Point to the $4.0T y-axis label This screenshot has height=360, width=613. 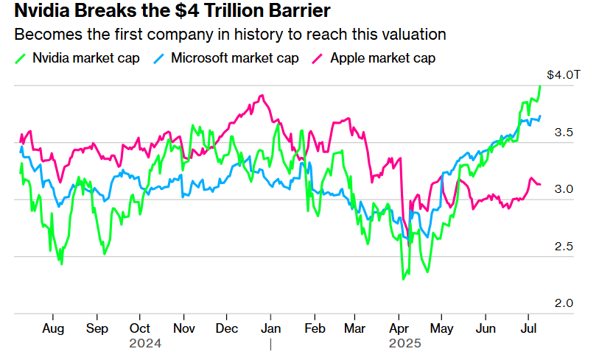564,75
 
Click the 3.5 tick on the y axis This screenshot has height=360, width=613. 564,133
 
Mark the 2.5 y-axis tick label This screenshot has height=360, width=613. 564,246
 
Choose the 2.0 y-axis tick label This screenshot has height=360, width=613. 564,303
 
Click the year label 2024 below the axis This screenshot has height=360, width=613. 144,343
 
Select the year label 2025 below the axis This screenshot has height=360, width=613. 404,343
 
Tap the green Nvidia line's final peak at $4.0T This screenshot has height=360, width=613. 540,86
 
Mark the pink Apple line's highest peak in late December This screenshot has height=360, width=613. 262,95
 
